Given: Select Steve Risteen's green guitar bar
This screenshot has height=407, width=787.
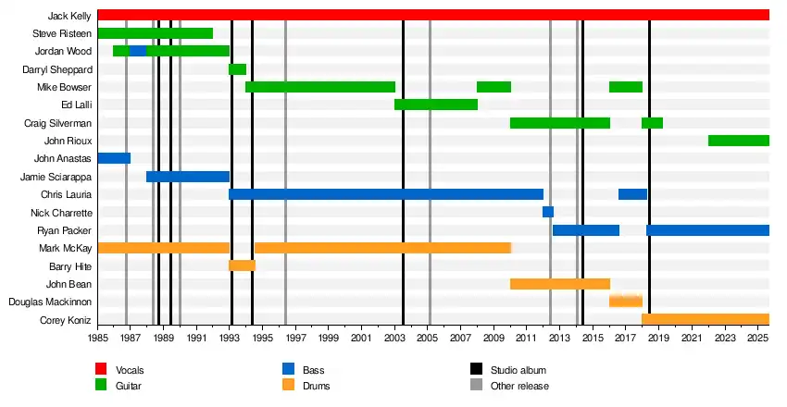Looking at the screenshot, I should pos(155,33).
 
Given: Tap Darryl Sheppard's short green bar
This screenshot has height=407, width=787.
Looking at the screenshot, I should pos(237,69).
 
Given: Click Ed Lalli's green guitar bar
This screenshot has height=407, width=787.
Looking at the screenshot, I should pos(435,105).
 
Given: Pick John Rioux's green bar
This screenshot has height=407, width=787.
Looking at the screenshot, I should pos(738,141).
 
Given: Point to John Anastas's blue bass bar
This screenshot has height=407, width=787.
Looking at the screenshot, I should pos(114,158).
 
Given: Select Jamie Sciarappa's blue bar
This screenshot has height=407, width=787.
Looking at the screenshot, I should pos(187,177).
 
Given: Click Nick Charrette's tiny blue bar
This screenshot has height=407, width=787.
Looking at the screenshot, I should pos(548,212).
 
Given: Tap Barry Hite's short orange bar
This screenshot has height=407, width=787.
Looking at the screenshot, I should pos(242,265).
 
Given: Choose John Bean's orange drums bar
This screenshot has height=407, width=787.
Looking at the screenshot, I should pos(559,284).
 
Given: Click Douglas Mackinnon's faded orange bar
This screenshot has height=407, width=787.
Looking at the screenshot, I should pos(626,302).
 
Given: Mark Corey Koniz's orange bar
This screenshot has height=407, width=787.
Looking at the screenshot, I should pos(705,319).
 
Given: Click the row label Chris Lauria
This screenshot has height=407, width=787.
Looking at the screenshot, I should pos(66,194).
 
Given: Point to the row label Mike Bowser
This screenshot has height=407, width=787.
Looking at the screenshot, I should pos(64,87).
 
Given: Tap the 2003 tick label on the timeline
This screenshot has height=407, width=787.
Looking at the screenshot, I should pos(394,339).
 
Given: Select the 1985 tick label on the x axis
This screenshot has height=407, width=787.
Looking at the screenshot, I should pos(97,339).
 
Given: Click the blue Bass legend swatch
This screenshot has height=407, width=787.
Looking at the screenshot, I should pos(288,370).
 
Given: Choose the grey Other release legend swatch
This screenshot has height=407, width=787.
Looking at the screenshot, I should pos(476,386).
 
